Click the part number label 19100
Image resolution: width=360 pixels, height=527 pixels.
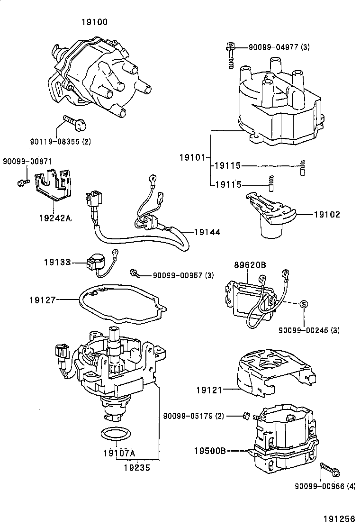pos(94,22)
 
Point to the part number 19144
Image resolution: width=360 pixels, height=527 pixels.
pos(207,232)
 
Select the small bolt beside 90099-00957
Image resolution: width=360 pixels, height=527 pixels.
pos(134,273)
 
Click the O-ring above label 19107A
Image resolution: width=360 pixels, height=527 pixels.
pos(117,434)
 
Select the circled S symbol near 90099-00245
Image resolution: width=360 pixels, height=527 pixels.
pos(304,303)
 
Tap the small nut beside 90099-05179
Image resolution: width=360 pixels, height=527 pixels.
pos(246,416)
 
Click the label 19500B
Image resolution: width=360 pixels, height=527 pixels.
pos(209,451)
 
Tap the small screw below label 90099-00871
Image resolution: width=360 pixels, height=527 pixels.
pos(21,182)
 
